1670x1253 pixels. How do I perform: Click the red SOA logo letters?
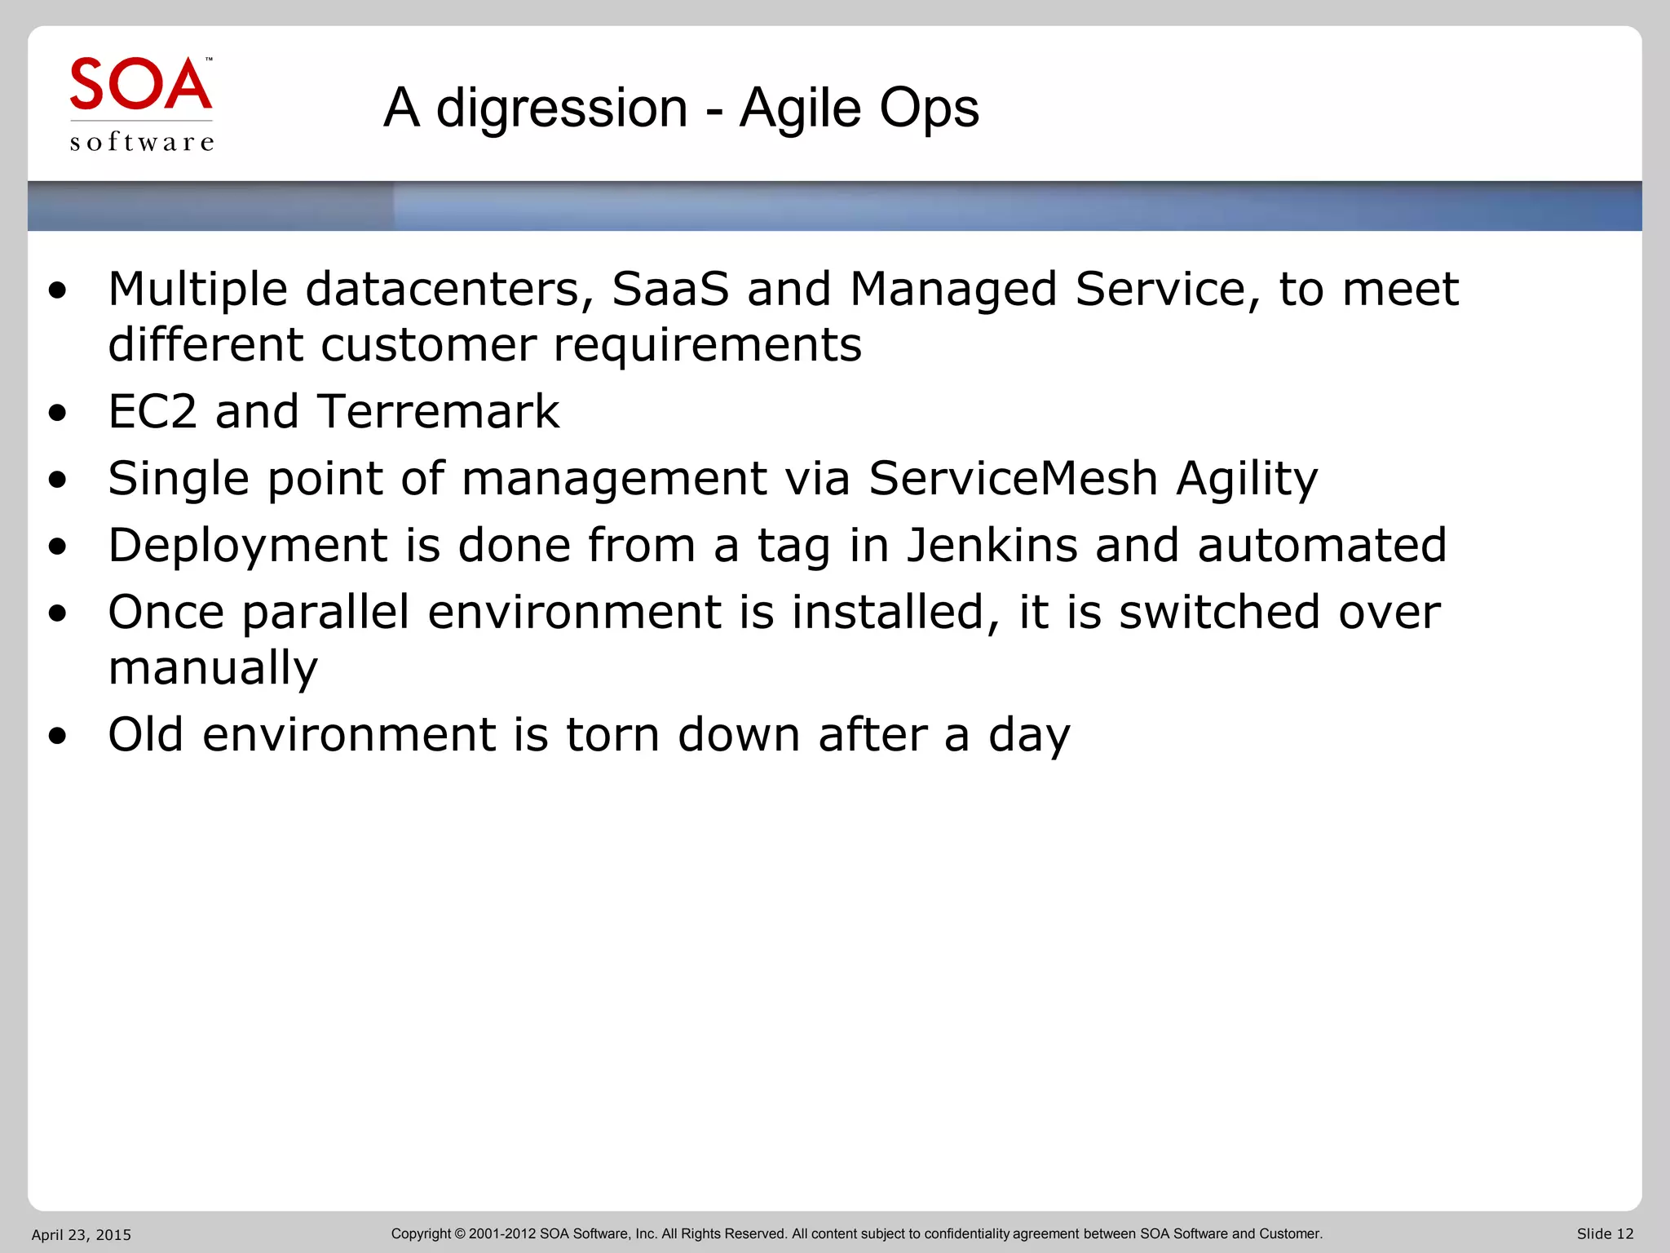(140, 84)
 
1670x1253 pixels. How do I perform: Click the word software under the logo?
(142, 142)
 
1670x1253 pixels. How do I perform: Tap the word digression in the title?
(562, 108)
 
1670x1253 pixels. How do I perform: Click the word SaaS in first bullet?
(669, 289)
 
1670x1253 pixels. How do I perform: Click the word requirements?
(707, 345)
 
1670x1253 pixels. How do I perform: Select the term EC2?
(152, 411)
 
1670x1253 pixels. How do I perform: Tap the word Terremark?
(438, 411)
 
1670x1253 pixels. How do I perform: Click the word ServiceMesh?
(1013, 478)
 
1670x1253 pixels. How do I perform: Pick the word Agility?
(1246, 480)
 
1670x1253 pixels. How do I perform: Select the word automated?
(1322, 545)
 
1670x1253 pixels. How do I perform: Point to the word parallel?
(325, 613)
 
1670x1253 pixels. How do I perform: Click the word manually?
(213, 669)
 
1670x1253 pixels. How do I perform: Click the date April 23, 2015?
(82, 1234)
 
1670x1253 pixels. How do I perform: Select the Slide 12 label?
(1605, 1233)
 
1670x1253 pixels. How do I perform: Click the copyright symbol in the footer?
(460, 1233)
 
